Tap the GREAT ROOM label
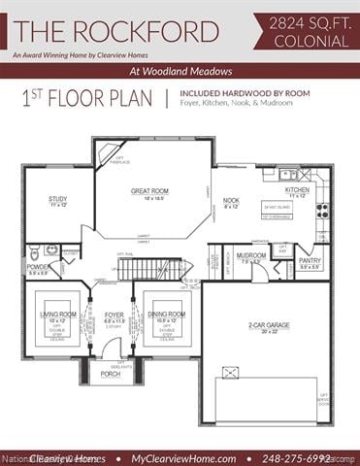[150, 191]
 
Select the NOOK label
[231, 200]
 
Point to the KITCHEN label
[297, 189]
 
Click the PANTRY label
[310, 260]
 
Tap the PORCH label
[111, 373]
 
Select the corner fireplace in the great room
[107, 153]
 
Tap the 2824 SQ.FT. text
[307, 18]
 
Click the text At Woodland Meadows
[180, 72]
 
